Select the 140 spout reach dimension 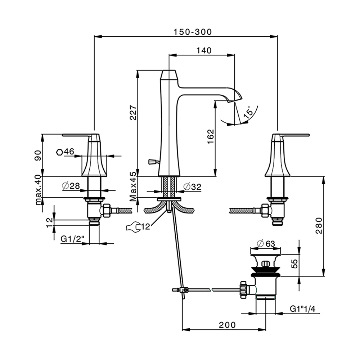(x=204, y=50)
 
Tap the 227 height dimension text (x=133, y=113)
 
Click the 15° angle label (x=248, y=113)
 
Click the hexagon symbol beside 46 (x=59, y=152)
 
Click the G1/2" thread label (x=72, y=239)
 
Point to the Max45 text (x=133, y=186)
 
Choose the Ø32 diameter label (x=192, y=186)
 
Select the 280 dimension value (x=319, y=226)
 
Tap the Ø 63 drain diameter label (x=266, y=243)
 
